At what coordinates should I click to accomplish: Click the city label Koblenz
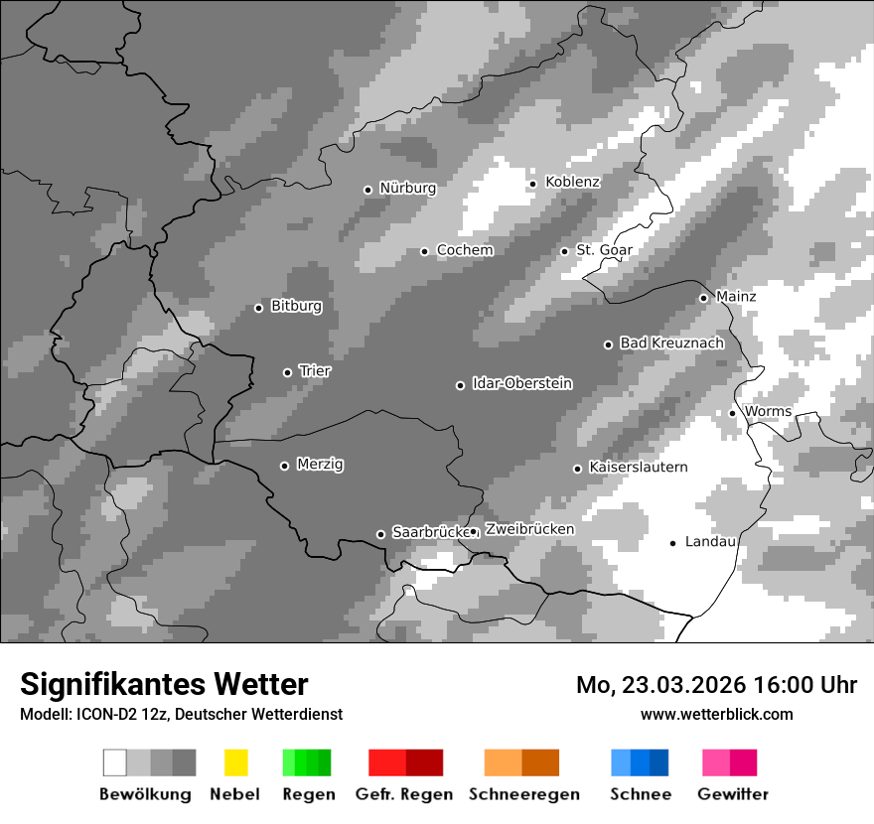click(572, 182)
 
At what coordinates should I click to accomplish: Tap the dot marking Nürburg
click(367, 189)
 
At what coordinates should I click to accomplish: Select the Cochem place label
click(465, 250)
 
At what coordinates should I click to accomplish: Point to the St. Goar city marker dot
click(564, 251)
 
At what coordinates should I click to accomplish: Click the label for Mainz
click(736, 296)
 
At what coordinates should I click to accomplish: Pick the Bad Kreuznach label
click(671, 343)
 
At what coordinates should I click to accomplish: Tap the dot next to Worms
click(732, 413)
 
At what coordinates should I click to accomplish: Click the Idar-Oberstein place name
click(521, 383)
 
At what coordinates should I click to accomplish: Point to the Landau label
click(710, 541)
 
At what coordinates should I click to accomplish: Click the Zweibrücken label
click(529, 529)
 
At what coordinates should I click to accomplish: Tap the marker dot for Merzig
click(284, 466)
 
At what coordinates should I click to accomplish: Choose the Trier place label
click(315, 370)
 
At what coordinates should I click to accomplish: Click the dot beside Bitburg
click(258, 308)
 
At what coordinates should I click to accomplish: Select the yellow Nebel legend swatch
click(235, 762)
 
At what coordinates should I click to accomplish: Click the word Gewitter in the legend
click(733, 794)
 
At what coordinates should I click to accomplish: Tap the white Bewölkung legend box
click(115, 762)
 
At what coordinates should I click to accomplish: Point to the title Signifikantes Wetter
click(164, 684)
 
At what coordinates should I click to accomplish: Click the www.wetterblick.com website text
click(716, 714)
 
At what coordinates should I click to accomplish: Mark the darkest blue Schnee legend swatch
click(659, 762)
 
